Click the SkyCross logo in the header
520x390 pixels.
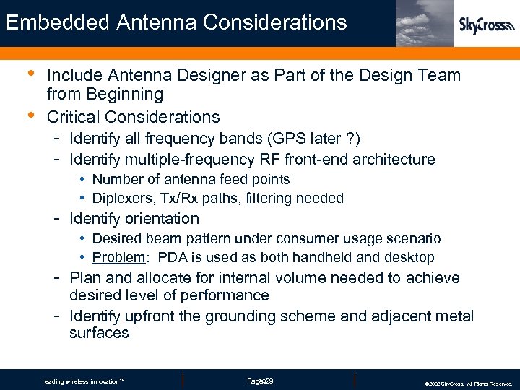pyautogui.click(x=487, y=26)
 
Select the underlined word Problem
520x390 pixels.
pyautogui.click(x=119, y=258)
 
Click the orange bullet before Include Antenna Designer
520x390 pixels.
pyautogui.click(x=29, y=74)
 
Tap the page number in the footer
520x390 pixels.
pyautogui.click(x=259, y=381)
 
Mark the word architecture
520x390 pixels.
pyautogui.click(x=391, y=160)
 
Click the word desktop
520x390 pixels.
pyautogui.click(x=409, y=258)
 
